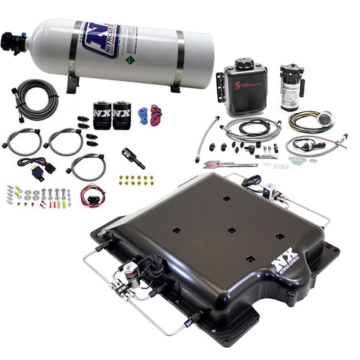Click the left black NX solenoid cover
[102, 115]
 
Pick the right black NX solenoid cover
[122, 115]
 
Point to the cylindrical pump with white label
[292, 86]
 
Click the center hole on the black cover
[232, 230]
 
